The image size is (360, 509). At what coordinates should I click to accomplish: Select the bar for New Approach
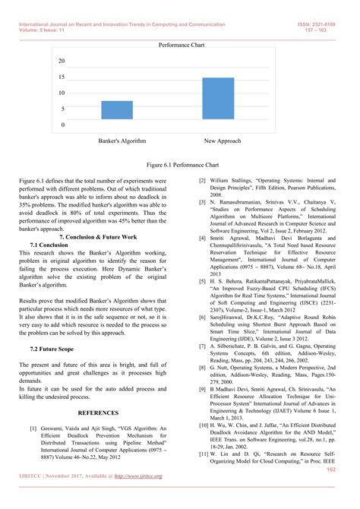click(x=218, y=101)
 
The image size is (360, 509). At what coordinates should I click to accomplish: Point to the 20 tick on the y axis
click(x=61, y=61)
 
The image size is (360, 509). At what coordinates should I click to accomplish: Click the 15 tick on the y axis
click(x=61, y=77)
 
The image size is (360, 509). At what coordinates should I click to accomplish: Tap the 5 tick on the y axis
click(x=62, y=109)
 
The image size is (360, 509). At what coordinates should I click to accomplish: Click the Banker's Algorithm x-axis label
click(x=122, y=141)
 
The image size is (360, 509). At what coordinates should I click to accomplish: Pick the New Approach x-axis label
click(x=223, y=141)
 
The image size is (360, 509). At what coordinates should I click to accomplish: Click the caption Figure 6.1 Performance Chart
click(x=182, y=164)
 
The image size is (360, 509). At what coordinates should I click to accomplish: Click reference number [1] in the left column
click(x=33, y=428)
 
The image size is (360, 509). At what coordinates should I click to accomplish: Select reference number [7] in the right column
click(x=201, y=346)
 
